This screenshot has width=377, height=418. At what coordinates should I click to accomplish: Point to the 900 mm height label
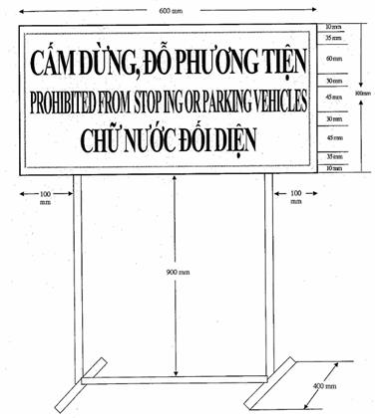[x=176, y=268]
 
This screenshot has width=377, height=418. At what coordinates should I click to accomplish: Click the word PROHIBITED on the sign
[x=66, y=102]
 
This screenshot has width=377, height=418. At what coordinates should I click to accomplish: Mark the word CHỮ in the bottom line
[x=98, y=139]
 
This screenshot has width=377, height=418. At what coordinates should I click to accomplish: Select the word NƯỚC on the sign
[x=143, y=139]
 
